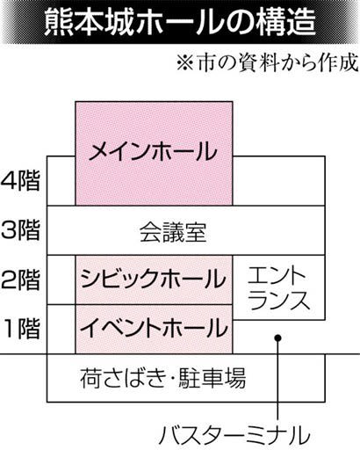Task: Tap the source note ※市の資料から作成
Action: (x=268, y=62)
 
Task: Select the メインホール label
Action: (x=154, y=151)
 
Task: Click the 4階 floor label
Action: (x=20, y=182)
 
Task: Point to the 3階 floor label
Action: (x=20, y=231)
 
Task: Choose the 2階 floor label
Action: (x=20, y=280)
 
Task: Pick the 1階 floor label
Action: (x=21, y=329)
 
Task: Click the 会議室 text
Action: (x=173, y=232)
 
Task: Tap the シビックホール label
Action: (x=154, y=279)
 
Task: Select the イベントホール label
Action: (x=154, y=328)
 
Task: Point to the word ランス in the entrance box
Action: (x=280, y=300)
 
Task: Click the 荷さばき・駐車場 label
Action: (x=162, y=378)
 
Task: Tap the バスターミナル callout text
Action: (x=234, y=436)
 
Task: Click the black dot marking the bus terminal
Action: (x=277, y=338)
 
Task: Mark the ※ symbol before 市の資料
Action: (x=185, y=63)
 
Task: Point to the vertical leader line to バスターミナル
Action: (x=277, y=381)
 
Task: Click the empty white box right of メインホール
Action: (x=278, y=181)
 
